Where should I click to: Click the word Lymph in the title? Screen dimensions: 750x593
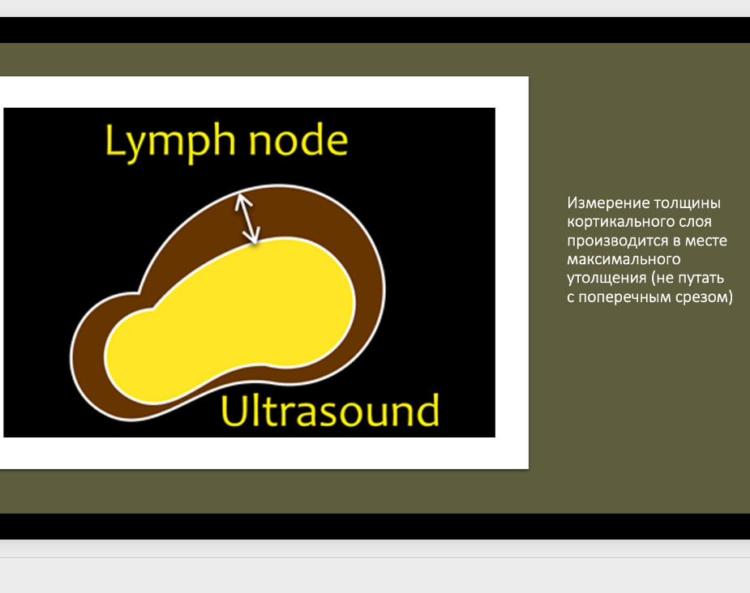coord(170,143)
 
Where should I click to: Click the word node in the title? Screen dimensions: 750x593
coord(298,139)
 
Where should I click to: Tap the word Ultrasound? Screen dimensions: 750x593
coord(330,411)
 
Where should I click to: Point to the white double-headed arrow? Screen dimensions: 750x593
coord(247,219)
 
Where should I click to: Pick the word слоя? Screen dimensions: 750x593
coord(695,222)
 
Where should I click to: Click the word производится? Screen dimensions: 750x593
coord(618,241)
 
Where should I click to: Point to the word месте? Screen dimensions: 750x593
coord(706,241)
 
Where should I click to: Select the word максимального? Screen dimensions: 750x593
coord(624,259)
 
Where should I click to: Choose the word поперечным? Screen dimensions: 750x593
coord(625,297)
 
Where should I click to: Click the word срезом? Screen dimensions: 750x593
coord(701,297)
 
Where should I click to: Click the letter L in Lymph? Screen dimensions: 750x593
coord(113,139)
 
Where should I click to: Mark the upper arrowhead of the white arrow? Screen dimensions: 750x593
coord(241,200)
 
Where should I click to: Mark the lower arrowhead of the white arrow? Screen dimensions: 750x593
coord(254,237)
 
